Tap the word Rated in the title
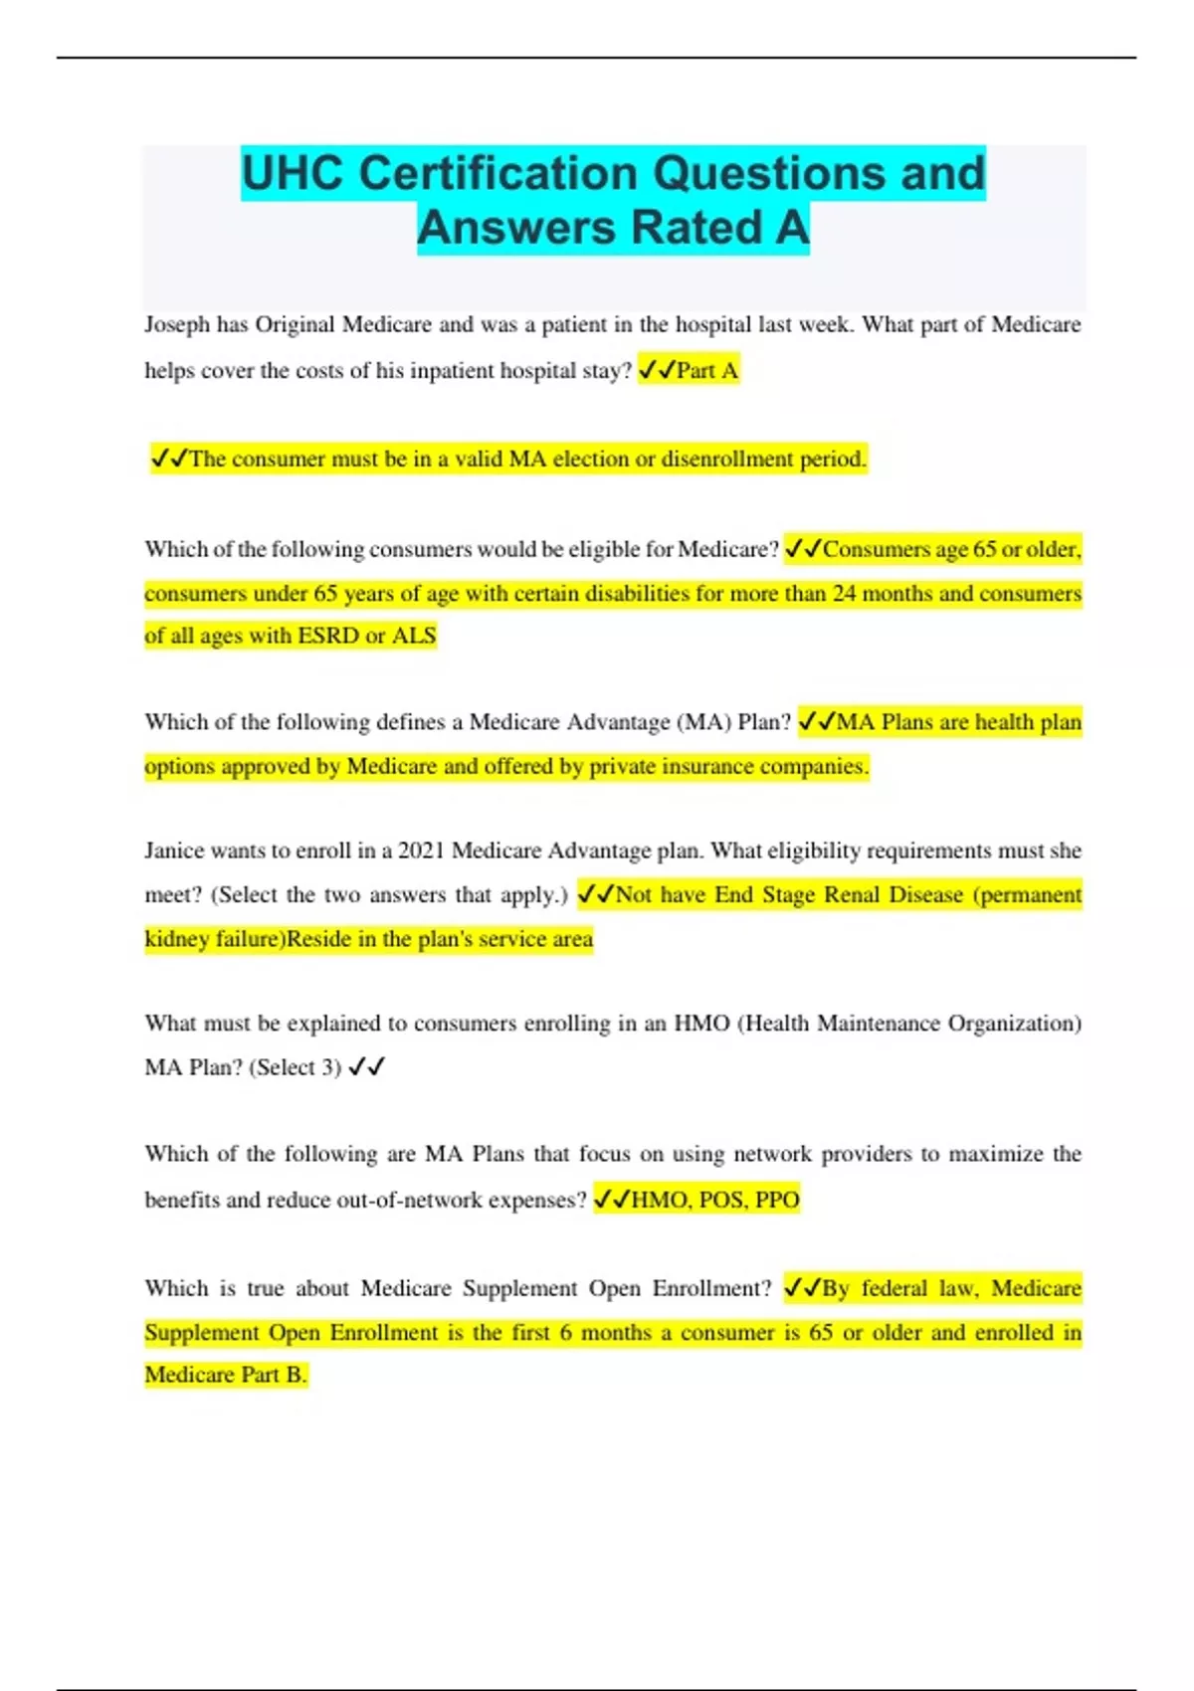click(x=694, y=228)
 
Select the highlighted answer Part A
click(x=706, y=371)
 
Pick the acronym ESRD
click(x=328, y=637)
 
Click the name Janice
click(x=175, y=851)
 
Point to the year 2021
click(x=420, y=851)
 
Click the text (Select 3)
click(x=295, y=1068)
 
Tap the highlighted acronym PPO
click(x=777, y=1201)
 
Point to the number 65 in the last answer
click(x=820, y=1333)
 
